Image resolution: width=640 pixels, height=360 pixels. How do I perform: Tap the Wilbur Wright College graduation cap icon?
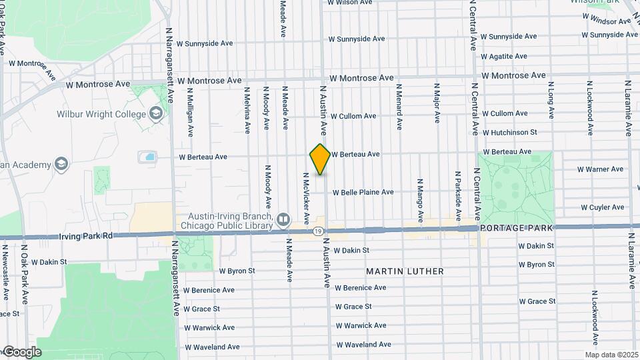tap(157, 114)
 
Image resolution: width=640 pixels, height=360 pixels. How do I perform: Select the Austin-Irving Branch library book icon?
tap(283, 219)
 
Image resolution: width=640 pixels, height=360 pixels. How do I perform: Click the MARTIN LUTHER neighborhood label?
tap(405, 271)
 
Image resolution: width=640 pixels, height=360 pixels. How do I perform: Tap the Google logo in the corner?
tap(21, 351)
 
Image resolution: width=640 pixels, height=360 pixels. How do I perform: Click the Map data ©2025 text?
tap(611, 355)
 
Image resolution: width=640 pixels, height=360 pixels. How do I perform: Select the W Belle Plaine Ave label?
tap(363, 192)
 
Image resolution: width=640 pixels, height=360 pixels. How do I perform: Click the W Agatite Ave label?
tap(503, 57)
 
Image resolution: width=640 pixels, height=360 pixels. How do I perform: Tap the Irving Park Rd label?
tap(86, 236)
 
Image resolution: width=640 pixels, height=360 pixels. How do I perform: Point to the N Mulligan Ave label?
tap(190, 111)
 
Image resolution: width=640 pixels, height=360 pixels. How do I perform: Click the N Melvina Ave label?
tap(247, 111)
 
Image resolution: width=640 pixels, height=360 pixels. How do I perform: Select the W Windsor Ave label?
tap(606, 21)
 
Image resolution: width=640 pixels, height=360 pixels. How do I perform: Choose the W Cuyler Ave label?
tap(602, 207)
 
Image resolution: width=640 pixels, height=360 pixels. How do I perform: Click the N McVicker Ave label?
tap(305, 198)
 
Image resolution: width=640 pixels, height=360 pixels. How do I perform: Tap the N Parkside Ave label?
tap(458, 197)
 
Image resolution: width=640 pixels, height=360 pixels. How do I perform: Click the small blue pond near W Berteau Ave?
tap(147, 157)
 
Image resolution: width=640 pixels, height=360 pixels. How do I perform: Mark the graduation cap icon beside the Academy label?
tap(61, 164)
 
